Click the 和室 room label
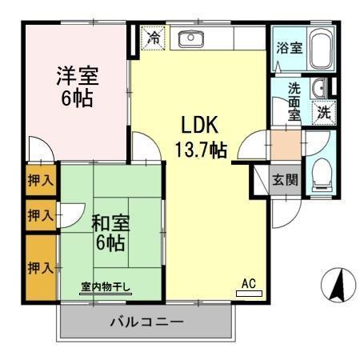[x=108, y=222]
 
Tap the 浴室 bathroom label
[x=289, y=48]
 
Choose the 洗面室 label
[x=294, y=102]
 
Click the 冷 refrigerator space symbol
[x=153, y=37]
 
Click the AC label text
[x=249, y=282]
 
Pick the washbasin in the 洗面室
[x=319, y=88]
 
